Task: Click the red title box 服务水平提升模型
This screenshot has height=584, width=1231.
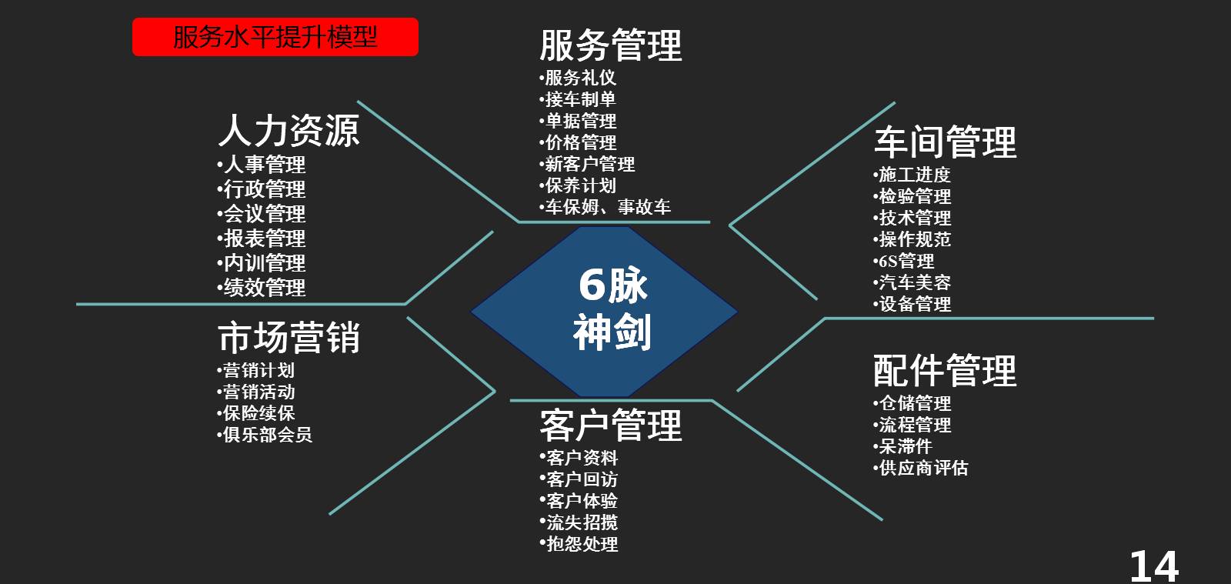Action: pyautogui.click(x=275, y=37)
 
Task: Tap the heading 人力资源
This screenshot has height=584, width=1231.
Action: pyautogui.click(x=289, y=130)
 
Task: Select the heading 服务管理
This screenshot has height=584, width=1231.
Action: pyautogui.click(x=610, y=45)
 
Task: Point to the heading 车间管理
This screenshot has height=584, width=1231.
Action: pyautogui.click(x=945, y=142)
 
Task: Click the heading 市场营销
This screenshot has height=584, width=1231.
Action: pyautogui.click(x=289, y=338)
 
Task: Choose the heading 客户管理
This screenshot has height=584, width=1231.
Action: pyautogui.click(x=610, y=425)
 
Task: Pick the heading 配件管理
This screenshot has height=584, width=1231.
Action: pyautogui.click(x=945, y=371)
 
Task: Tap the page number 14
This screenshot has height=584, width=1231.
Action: pyautogui.click(x=1153, y=566)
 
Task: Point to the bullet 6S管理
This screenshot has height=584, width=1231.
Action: pyautogui.click(x=906, y=261)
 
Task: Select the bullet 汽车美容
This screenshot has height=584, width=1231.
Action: pyautogui.click(x=915, y=282)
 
